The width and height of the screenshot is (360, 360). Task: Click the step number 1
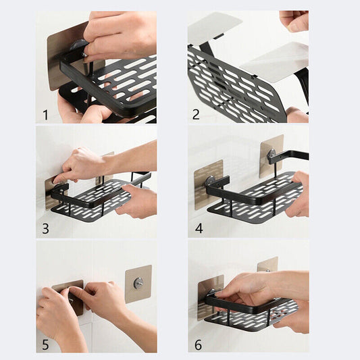coord(45,115)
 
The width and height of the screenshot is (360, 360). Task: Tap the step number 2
coord(196,115)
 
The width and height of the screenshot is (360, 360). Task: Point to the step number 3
coord(45,228)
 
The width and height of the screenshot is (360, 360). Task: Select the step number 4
coord(199,228)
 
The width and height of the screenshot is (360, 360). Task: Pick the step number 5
coord(45,344)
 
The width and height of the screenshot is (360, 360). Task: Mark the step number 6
coord(198,344)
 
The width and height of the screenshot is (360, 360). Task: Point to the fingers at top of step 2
coord(295,20)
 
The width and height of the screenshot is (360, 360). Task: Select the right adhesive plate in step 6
coord(267,264)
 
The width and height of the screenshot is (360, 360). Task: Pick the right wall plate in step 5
coord(138,284)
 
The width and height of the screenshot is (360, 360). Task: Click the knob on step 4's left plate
coord(210,180)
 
